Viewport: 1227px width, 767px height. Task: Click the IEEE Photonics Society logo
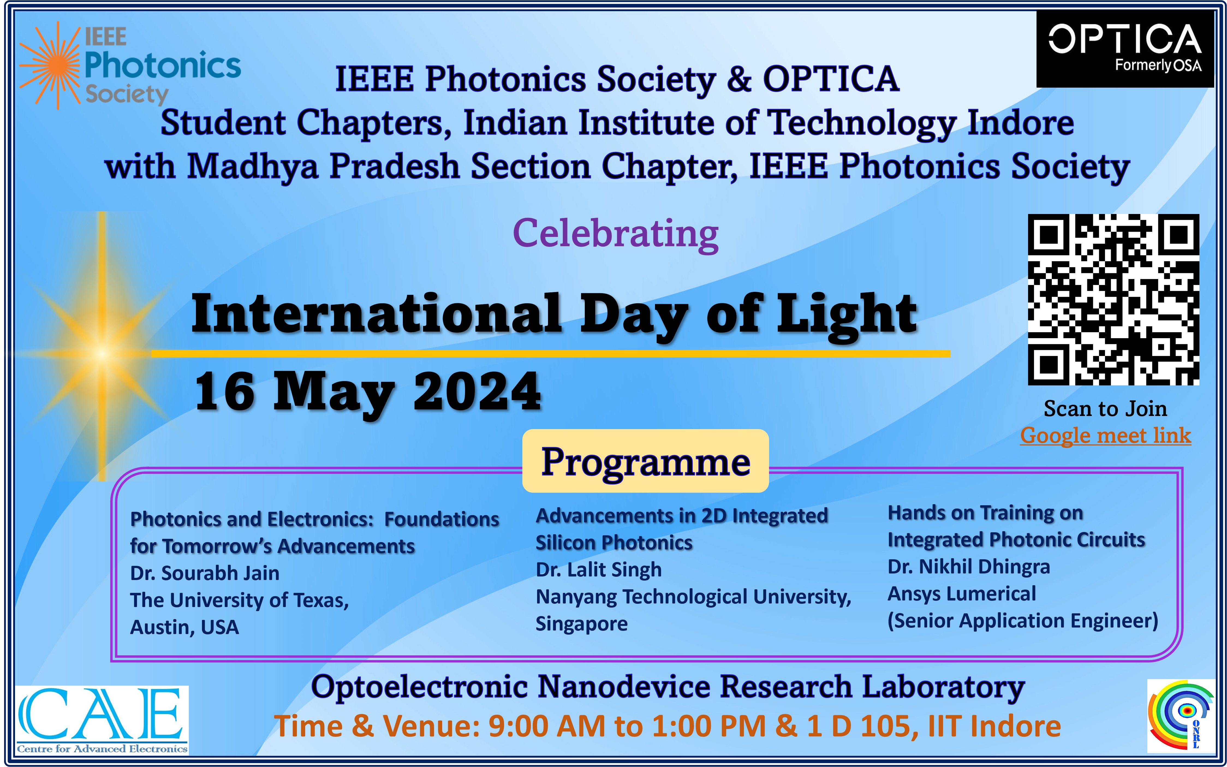[x=130, y=66]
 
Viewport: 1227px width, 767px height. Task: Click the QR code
[x=1113, y=299]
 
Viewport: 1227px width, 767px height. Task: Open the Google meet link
[x=1105, y=436]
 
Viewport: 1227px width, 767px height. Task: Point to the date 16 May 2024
[x=368, y=392]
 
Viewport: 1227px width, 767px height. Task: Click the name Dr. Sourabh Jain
[x=205, y=573]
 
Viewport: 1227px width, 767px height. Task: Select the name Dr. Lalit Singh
[x=599, y=570]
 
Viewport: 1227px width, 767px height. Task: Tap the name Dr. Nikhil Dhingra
[x=968, y=567]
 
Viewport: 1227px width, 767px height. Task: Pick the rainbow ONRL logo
[x=1181, y=716]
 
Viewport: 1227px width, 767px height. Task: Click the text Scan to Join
[x=1105, y=408]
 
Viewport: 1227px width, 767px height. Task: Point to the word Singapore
[x=582, y=624]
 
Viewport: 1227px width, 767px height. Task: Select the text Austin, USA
[x=184, y=628]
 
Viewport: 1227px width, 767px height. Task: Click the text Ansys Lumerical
[x=961, y=593]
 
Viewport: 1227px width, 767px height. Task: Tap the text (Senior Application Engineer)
[x=1023, y=621]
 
